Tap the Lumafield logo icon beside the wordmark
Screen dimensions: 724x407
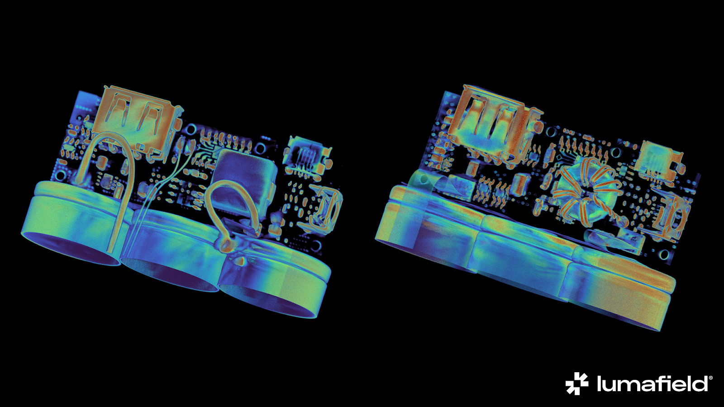[x=576, y=383]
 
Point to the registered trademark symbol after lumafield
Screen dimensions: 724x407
[x=710, y=377]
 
